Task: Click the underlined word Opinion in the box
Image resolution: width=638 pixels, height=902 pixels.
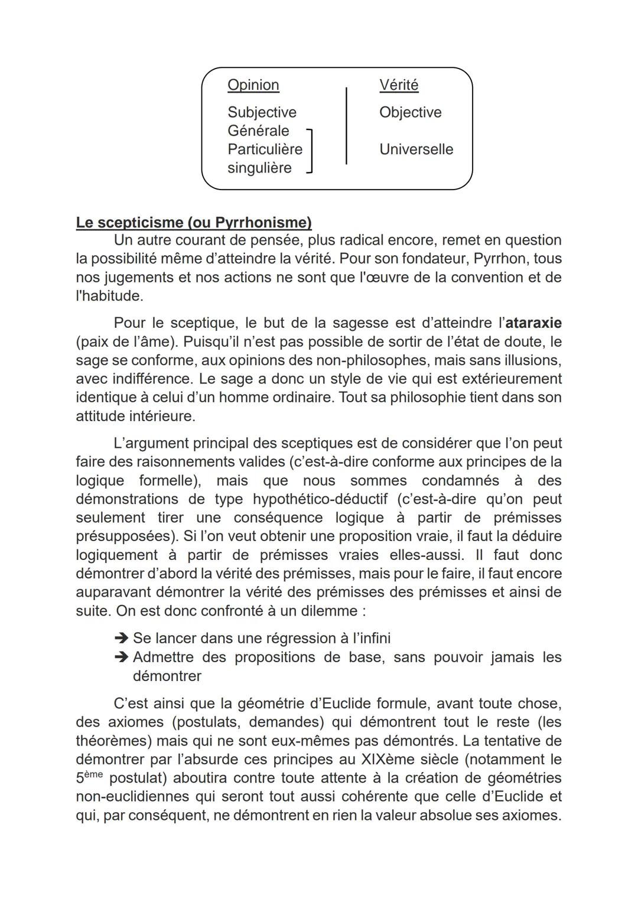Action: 253,85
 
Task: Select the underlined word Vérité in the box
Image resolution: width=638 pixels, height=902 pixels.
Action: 399,85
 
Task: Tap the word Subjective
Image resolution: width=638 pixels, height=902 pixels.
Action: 262,112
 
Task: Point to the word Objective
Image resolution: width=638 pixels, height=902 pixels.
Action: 410,112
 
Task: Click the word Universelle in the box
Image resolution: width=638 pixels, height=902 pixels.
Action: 416,149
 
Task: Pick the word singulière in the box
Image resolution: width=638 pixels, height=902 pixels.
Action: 259,168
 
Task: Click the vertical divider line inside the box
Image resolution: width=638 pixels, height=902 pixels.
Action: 346,125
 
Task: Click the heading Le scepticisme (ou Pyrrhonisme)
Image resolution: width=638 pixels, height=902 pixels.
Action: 194,223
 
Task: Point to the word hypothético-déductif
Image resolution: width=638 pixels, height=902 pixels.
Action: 320,499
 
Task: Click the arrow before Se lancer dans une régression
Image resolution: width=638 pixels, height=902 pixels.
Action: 121,639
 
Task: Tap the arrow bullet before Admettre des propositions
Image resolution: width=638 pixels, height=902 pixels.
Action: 121,657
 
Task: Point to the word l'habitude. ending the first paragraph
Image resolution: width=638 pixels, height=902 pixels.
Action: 109,296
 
